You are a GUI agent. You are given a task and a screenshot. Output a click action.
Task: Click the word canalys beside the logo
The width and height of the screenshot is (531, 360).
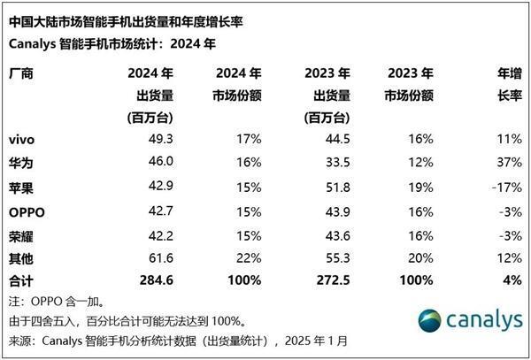pyautogui.click(x=484, y=322)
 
